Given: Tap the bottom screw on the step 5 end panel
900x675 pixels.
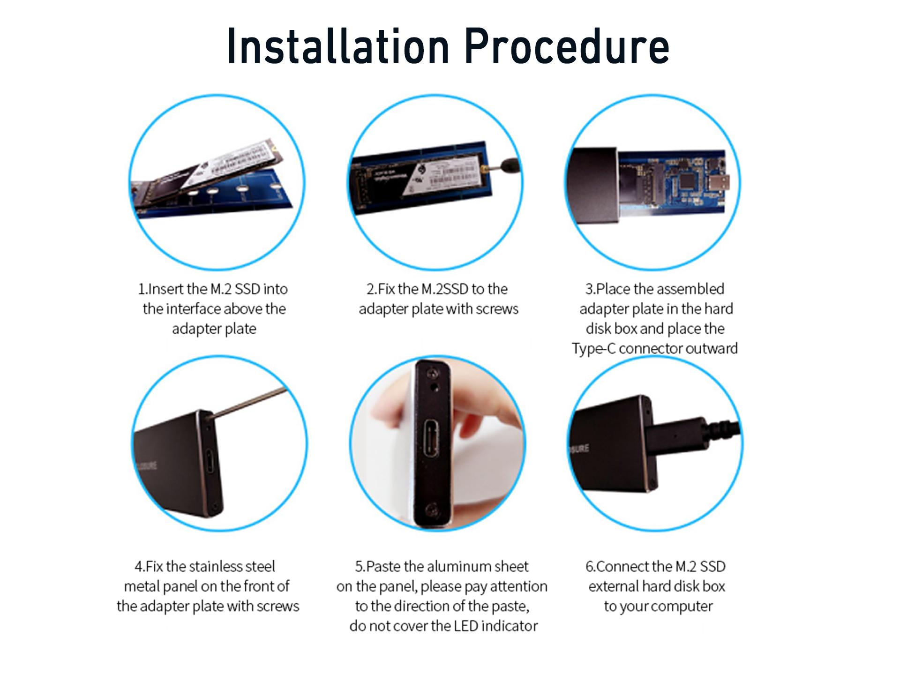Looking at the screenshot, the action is click(431, 510).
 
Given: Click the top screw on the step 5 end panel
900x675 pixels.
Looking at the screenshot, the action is click(434, 374).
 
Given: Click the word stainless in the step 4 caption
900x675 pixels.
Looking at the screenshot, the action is click(216, 566).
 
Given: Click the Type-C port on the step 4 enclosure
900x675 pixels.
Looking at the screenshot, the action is click(210, 462).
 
